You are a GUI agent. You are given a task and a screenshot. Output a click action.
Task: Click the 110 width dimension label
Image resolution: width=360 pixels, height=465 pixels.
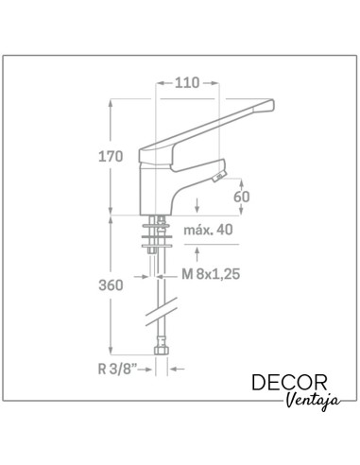coord(186,83)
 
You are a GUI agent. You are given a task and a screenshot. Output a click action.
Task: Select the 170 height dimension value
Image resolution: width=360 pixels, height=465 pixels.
coord(111,156)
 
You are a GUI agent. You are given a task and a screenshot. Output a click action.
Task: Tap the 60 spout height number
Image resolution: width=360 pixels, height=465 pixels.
coord(242,197)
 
